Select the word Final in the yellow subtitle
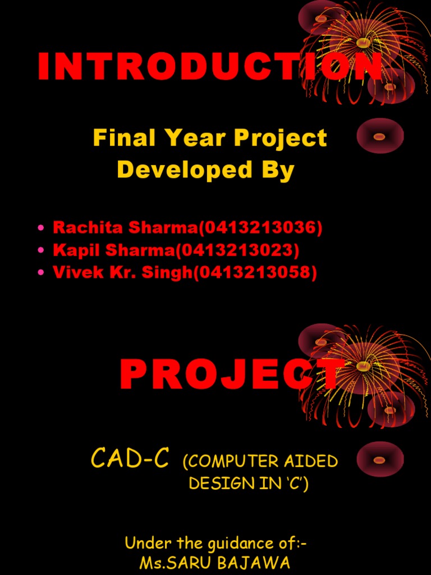115,138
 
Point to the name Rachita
88,227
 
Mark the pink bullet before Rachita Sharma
40,228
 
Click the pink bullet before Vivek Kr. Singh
40,273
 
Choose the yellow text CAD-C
130,459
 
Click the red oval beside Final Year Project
379,136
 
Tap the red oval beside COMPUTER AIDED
379,460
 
